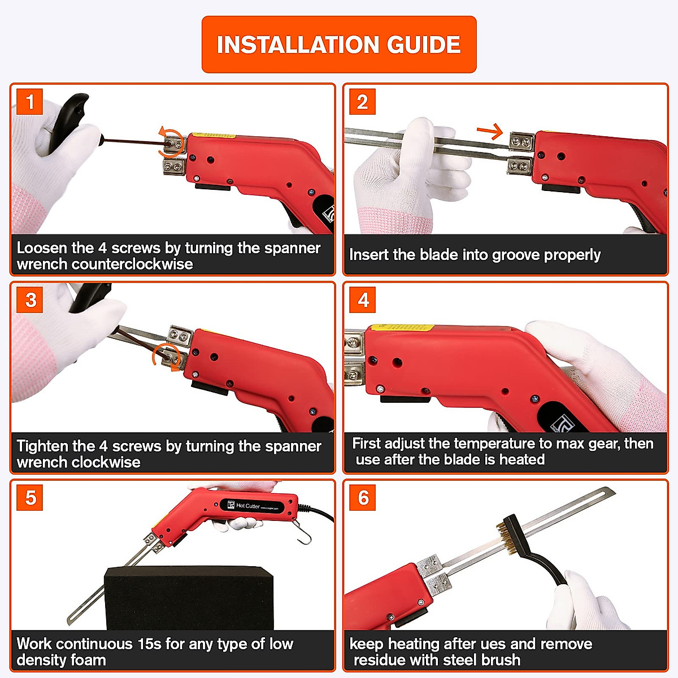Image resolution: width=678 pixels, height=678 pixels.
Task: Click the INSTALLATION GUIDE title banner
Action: click(339, 44)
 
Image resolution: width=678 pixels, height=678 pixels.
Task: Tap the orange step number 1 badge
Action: click(29, 102)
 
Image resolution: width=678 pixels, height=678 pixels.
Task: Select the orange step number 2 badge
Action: click(362, 102)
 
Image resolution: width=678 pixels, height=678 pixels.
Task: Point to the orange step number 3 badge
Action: click(29, 300)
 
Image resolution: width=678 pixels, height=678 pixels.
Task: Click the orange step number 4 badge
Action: click(362, 300)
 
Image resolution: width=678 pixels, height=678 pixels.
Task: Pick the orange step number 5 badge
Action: click(29, 498)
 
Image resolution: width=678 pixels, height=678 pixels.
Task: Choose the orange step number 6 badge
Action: click(362, 498)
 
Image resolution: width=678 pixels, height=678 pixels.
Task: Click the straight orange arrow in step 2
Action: click(490, 131)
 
